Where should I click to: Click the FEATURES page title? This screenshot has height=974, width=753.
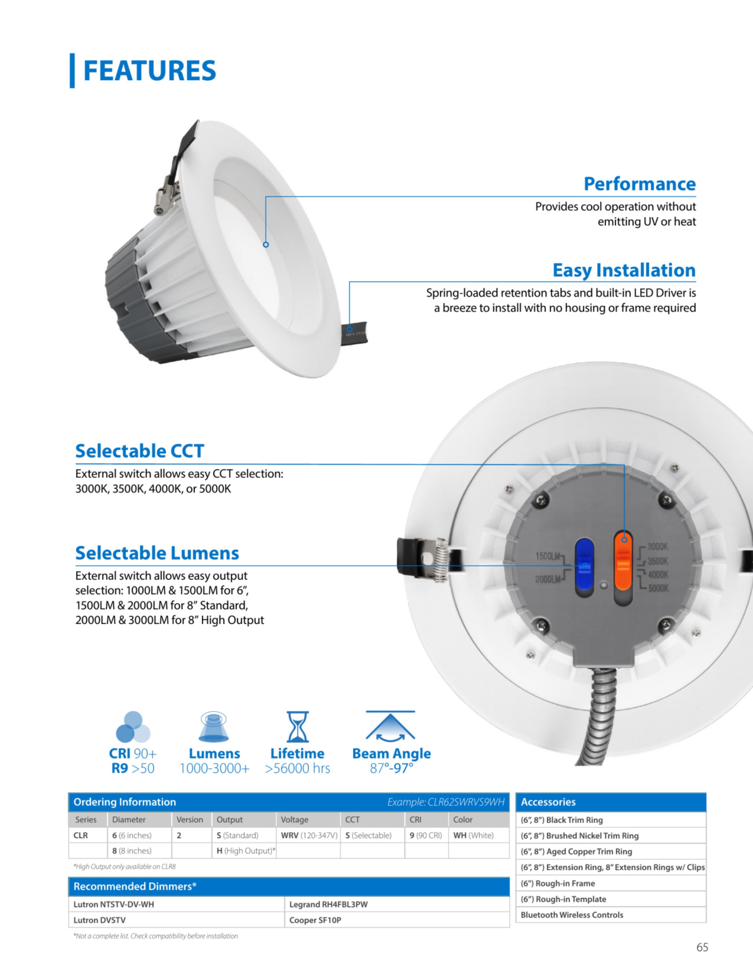coord(149,71)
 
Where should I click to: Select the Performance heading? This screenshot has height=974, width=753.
coord(640,184)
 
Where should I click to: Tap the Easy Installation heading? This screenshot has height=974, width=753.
coord(624,270)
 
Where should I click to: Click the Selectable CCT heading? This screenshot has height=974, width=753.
coord(140,451)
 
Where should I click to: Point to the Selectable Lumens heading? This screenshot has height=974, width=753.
coord(157,553)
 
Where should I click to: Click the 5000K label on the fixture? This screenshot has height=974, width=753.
coord(658,588)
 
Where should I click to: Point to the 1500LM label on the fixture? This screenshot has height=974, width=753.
coord(547,556)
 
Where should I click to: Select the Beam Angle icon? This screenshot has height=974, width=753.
coord(391,726)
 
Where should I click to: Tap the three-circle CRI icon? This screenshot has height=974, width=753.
coord(133,726)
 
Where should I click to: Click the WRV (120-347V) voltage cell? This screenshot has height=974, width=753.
coord(308,835)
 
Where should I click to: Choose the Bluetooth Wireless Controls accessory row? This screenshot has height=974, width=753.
coord(611,915)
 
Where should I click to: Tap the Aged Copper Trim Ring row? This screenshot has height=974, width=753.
coord(611,851)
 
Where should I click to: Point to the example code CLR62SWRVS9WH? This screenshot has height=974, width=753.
coord(466,802)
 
